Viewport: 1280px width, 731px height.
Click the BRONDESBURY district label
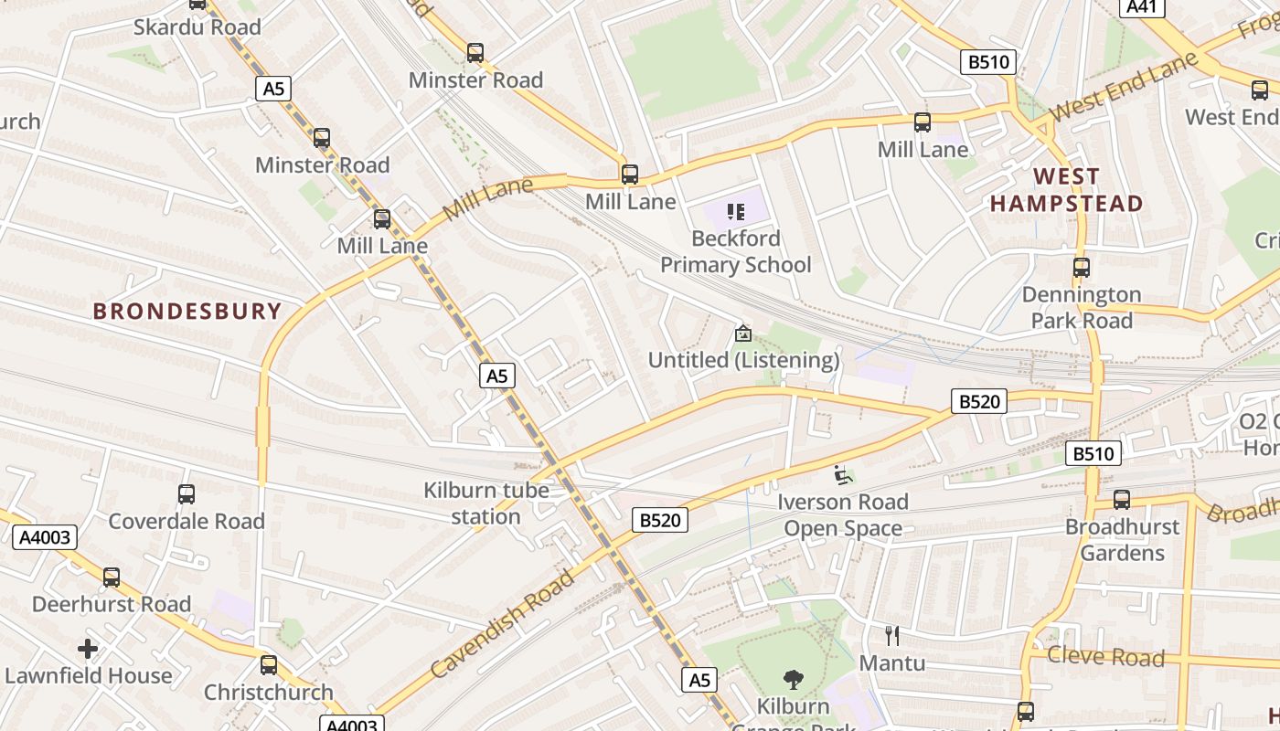pyautogui.click(x=187, y=311)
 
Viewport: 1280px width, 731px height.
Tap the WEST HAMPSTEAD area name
pyautogui.click(x=1067, y=190)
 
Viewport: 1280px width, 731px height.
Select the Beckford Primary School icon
pyautogui.click(x=735, y=212)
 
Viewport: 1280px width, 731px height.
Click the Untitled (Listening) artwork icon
pyautogui.click(x=743, y=334)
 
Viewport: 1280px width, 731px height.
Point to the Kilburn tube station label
pyautogui.click(x=485, y=503)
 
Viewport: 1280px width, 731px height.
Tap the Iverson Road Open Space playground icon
pyautogui.click(x=843, y=475)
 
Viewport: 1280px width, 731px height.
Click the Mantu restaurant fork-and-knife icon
pyautogui.click(x=892, y=636)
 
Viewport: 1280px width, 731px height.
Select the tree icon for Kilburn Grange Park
pyautogui.click(x=794, y=680)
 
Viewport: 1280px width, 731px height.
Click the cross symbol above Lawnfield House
pyautogui.click(x=88, y=650)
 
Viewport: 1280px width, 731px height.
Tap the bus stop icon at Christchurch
pyautogui.click(x=268, y=665)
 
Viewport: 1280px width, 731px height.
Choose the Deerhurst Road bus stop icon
pyautogui.click(x=112, y=577)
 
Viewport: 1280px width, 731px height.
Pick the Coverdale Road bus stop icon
pyautogui.click(x=187, y=494)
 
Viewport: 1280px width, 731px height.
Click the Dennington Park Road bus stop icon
pyautogui.click(x=1082, y=268)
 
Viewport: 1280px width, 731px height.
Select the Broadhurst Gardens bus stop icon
pyautogui.click(x=1122, y=500)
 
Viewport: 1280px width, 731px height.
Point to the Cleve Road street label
pyautogui.click(x=1105, y=656)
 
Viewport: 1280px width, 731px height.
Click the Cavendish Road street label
pyautogui.click(x=502, y=623)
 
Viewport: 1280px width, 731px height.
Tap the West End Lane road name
pyautogui.click(x=1124, y=88)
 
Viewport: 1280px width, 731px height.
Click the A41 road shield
pyautogui.click(x=1142, y=7)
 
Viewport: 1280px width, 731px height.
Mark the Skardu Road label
pyautogui.click(x=197, y=26)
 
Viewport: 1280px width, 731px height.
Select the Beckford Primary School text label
pyautogui.click(x=735, y=251)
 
